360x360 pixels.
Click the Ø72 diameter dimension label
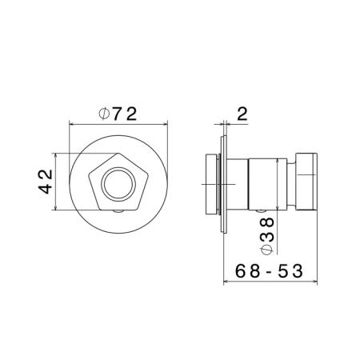118,114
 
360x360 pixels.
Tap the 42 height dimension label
46,182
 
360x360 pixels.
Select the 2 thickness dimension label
242,114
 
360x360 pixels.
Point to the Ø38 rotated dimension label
267,235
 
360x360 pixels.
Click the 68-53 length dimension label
269,271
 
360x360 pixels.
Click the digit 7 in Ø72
118,114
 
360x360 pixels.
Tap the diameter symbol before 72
104,114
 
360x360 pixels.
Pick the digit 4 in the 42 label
46,188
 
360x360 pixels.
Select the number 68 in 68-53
247,271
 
